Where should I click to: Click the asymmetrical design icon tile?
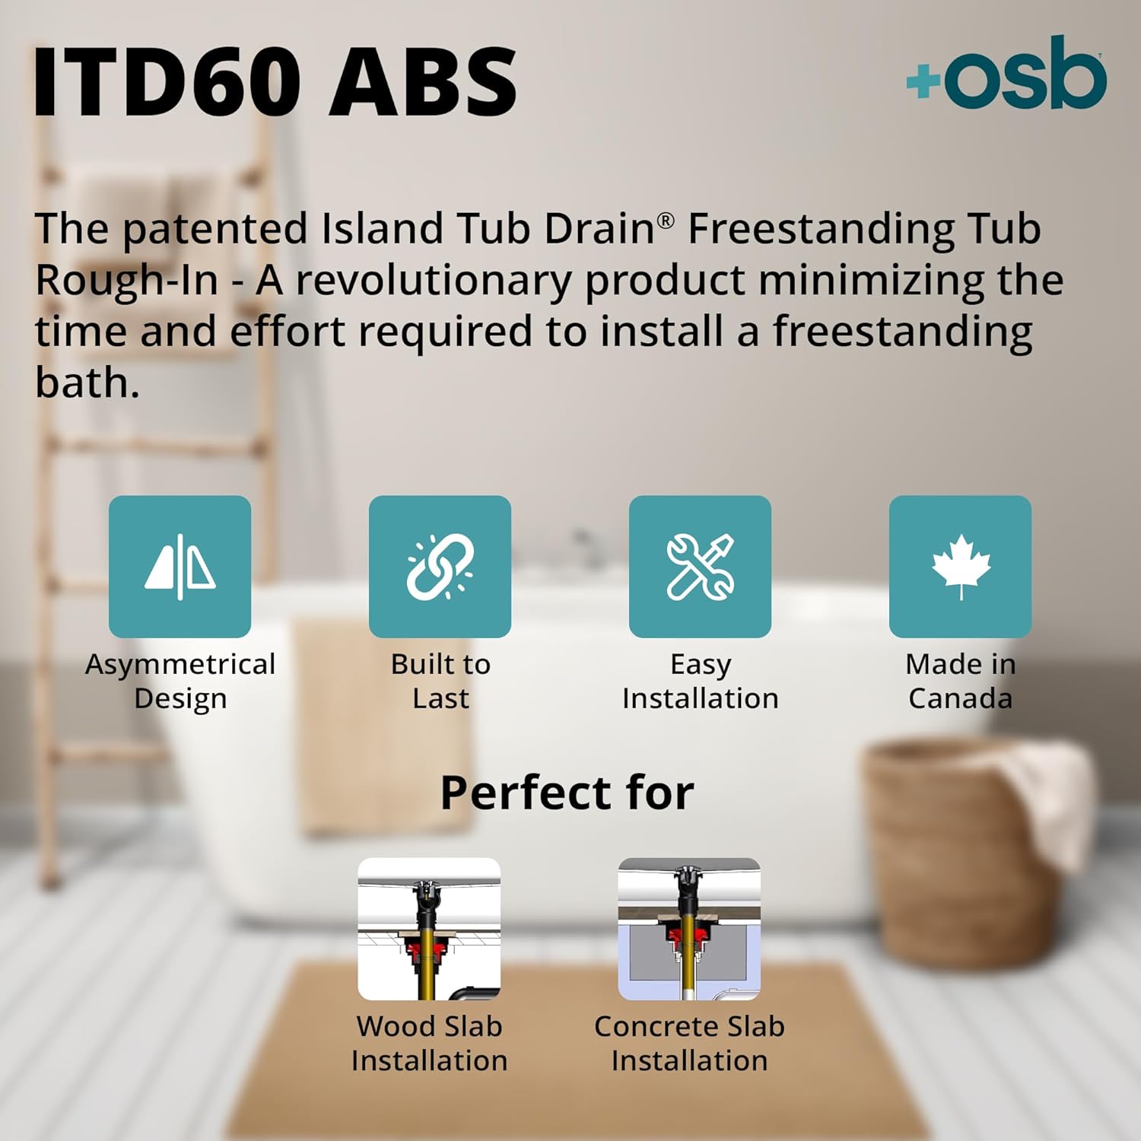click(x=180, y=567)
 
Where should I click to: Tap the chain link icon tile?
click(x=440, y=567)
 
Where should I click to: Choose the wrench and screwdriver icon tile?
click(x=700, y=567)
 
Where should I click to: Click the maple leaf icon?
click(x=961, y=565)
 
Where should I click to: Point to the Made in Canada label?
click(x=960, y=681)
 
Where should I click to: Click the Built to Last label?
click(x=440, y=681)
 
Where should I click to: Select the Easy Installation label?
click(x=700, y=681)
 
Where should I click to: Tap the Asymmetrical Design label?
click(x=180, y=681)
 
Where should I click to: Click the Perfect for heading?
click(x=567, y=793)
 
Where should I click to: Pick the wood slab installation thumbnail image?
click(x=429, y=929)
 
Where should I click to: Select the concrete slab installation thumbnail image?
click(x=689, y=929)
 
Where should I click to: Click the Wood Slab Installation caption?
click(x=429, y=1043)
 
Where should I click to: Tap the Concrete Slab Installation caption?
click(x=689, y=1043)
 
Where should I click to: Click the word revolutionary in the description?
click(x=433, y=280)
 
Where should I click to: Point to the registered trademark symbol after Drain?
click(x=666, y=220)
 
